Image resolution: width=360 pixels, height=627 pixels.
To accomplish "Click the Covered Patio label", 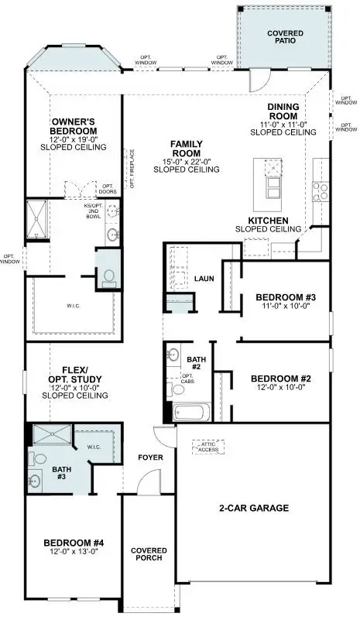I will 285,39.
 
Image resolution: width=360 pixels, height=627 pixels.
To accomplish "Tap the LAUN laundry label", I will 204,279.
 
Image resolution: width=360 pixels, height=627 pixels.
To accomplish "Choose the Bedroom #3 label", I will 286,297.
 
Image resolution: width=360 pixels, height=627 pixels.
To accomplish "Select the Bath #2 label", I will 196,361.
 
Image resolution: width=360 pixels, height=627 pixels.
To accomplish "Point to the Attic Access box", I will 207,447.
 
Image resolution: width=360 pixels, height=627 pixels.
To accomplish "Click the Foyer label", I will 150,457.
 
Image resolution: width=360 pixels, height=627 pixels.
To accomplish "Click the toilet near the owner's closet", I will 108,276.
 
